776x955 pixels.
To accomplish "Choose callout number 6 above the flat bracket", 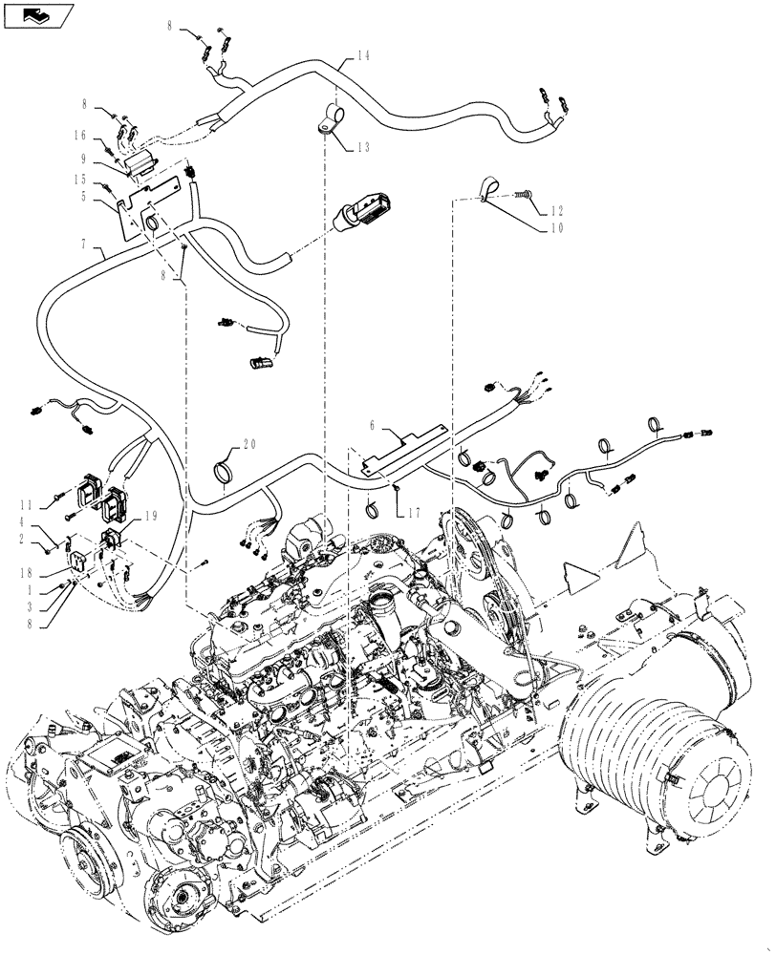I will [375, 422].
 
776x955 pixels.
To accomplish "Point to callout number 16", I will [81, 136].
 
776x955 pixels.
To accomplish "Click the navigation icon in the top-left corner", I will [37, 15].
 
